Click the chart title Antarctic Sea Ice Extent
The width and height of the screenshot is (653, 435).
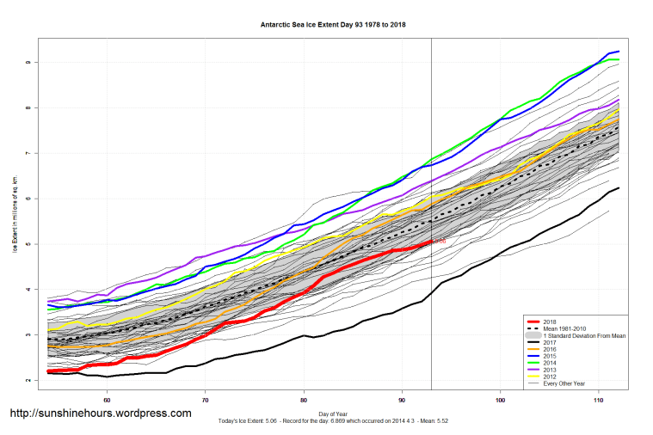point(333,25)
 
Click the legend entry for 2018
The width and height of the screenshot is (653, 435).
point(551,320)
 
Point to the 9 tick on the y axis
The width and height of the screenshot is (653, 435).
point(28,63)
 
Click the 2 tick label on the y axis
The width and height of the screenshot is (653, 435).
point(28,380)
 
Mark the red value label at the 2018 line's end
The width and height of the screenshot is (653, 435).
point(440,242)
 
